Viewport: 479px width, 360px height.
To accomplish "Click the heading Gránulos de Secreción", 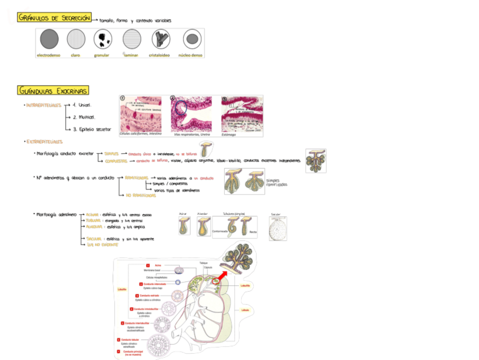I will coord(54,18).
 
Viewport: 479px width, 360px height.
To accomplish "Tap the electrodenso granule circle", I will coord(49,39).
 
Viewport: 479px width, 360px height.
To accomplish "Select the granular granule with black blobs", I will coord(103,39).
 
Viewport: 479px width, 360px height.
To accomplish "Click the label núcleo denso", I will coord(190,55).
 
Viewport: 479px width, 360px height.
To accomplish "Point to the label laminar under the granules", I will coord(131,55).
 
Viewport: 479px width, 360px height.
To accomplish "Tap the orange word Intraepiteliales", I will coord(43,105).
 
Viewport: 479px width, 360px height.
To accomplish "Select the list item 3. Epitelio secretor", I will coord(92,129).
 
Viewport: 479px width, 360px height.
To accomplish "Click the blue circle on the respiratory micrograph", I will coord(181,106).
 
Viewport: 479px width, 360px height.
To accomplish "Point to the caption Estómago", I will coord(229,135).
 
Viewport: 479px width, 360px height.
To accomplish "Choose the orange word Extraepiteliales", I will coord(45,142).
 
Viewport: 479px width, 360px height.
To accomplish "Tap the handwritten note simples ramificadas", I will coord(276,183).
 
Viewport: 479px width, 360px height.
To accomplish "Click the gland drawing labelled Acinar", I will coord(184,227).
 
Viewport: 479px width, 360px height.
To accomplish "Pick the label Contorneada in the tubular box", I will coord(220,231).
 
